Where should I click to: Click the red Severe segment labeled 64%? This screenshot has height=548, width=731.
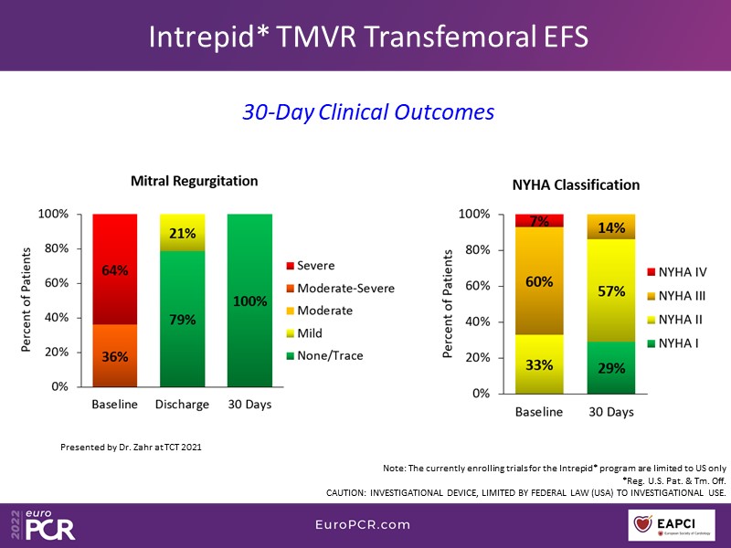[114, 269]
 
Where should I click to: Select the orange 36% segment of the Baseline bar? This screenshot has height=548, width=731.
[114, 355]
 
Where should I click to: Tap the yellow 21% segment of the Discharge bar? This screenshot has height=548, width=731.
[183, 233]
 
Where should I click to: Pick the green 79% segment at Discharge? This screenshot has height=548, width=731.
[183, 319]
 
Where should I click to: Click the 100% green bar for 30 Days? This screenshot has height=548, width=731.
[250, 300]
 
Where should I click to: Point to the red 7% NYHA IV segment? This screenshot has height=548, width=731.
[539, 221]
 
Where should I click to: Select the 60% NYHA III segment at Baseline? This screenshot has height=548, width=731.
[539, 281]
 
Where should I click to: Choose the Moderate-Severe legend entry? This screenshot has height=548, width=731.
[339, 289]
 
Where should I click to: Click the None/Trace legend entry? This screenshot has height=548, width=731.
[332, 355]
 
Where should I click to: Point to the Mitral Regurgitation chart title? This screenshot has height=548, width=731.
[194, 181]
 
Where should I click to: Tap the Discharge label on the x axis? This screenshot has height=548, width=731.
[183, 405]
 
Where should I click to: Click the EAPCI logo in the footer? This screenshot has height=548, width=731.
[677, 525]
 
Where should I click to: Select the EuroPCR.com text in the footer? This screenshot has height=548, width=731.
[365, 525]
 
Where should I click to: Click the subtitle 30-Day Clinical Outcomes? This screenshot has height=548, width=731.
[368, 111]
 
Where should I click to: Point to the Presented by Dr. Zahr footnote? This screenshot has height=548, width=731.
[131, 447]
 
